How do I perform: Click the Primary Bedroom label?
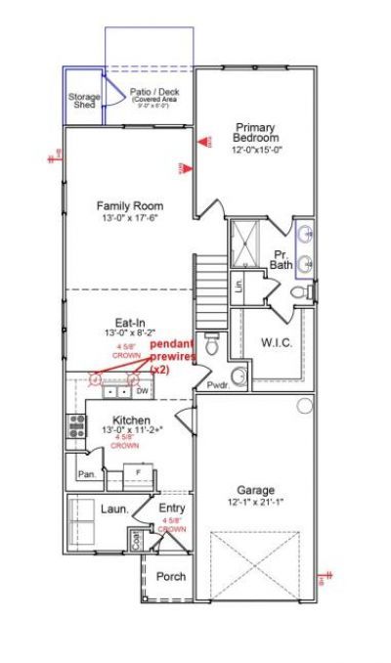click(x=255, y=132)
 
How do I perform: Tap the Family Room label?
click(x=129, y=206)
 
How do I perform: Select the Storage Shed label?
click(x=83, y=103)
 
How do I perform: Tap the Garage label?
click(x=256, y=490)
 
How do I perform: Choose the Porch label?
click(x=171, y=577)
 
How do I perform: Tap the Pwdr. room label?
click(x=217, y=386)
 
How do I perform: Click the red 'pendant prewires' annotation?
click(x=172, y=357)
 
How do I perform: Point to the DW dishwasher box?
click(x=142, y=391)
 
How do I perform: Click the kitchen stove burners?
click(x=74, y=425)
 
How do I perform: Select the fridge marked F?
click(x=140, y=472)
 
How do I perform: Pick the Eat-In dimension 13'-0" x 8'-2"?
click(x=131, y=333)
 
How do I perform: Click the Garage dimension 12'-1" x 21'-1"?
click(x=256, y=503)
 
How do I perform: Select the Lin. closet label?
click(x=238, y=287)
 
